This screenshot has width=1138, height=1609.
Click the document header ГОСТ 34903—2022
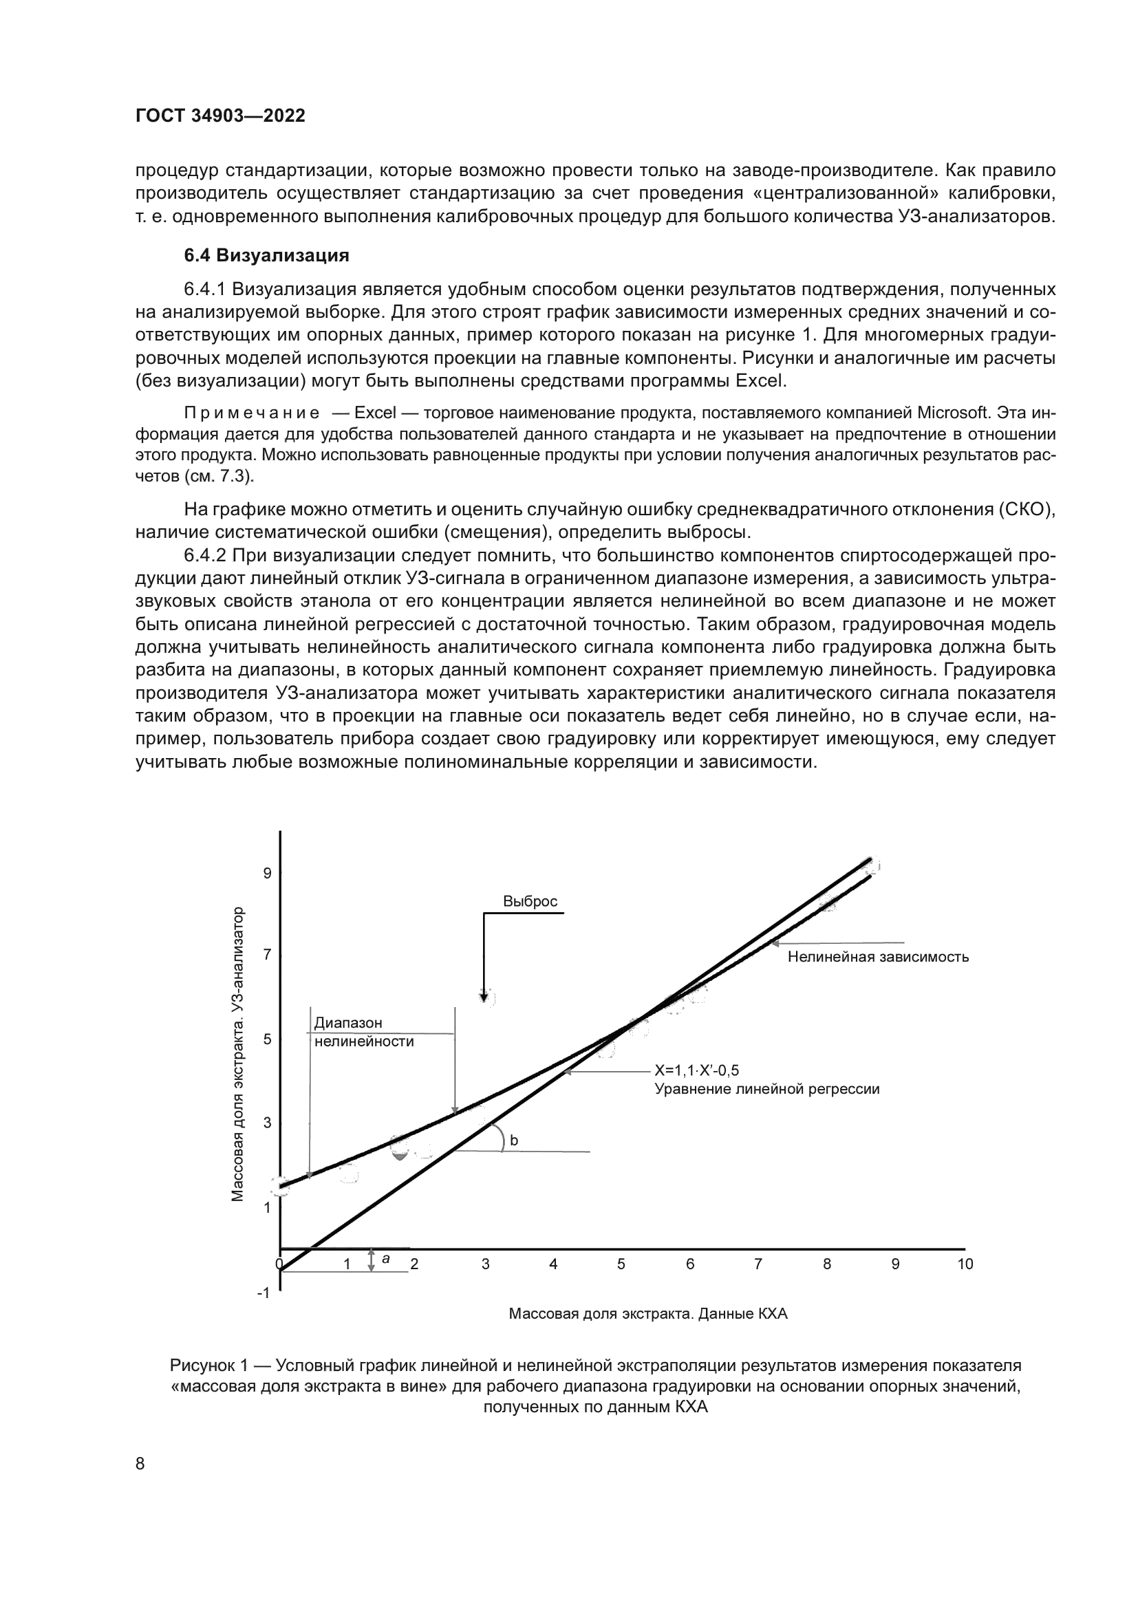219,116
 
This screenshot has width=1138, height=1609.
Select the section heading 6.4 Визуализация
266,255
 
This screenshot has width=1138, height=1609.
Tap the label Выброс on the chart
530,901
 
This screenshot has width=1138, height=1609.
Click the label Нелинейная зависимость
878,957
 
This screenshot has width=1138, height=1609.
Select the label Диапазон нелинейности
363,1033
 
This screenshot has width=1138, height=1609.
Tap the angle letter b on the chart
514,1140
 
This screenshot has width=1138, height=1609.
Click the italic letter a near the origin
385,1259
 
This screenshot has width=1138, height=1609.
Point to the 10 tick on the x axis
965,1264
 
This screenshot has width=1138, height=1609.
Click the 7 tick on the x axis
758,1264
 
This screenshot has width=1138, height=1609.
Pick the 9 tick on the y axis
267,873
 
